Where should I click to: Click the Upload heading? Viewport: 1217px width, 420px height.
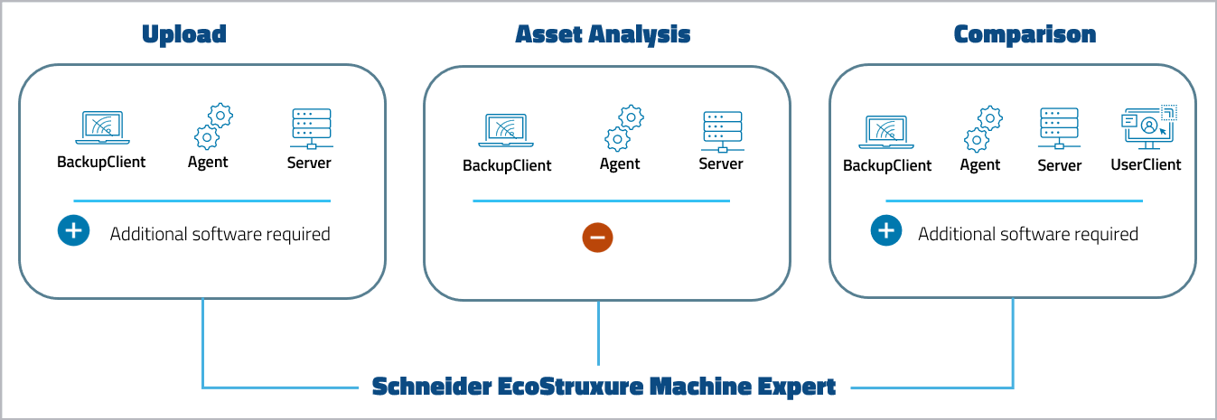point(183,34)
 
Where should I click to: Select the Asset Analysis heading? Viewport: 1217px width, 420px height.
point(603,34)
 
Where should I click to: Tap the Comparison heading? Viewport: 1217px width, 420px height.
point(1025,34)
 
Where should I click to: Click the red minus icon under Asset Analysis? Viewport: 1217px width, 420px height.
point(597,238)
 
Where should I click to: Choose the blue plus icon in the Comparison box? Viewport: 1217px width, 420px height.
point(885,231)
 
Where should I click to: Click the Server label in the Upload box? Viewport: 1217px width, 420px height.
point(309,163)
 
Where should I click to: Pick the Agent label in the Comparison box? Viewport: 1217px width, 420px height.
point(980,165)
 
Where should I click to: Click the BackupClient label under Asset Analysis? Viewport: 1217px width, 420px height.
point(507,165)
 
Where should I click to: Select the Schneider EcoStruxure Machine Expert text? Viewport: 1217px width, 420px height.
point(604,387)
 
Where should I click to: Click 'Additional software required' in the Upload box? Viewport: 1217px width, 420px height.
point(220,234)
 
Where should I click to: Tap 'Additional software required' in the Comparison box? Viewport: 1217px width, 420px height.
point(1027,234)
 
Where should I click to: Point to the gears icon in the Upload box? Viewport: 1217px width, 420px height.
point(213,126)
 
